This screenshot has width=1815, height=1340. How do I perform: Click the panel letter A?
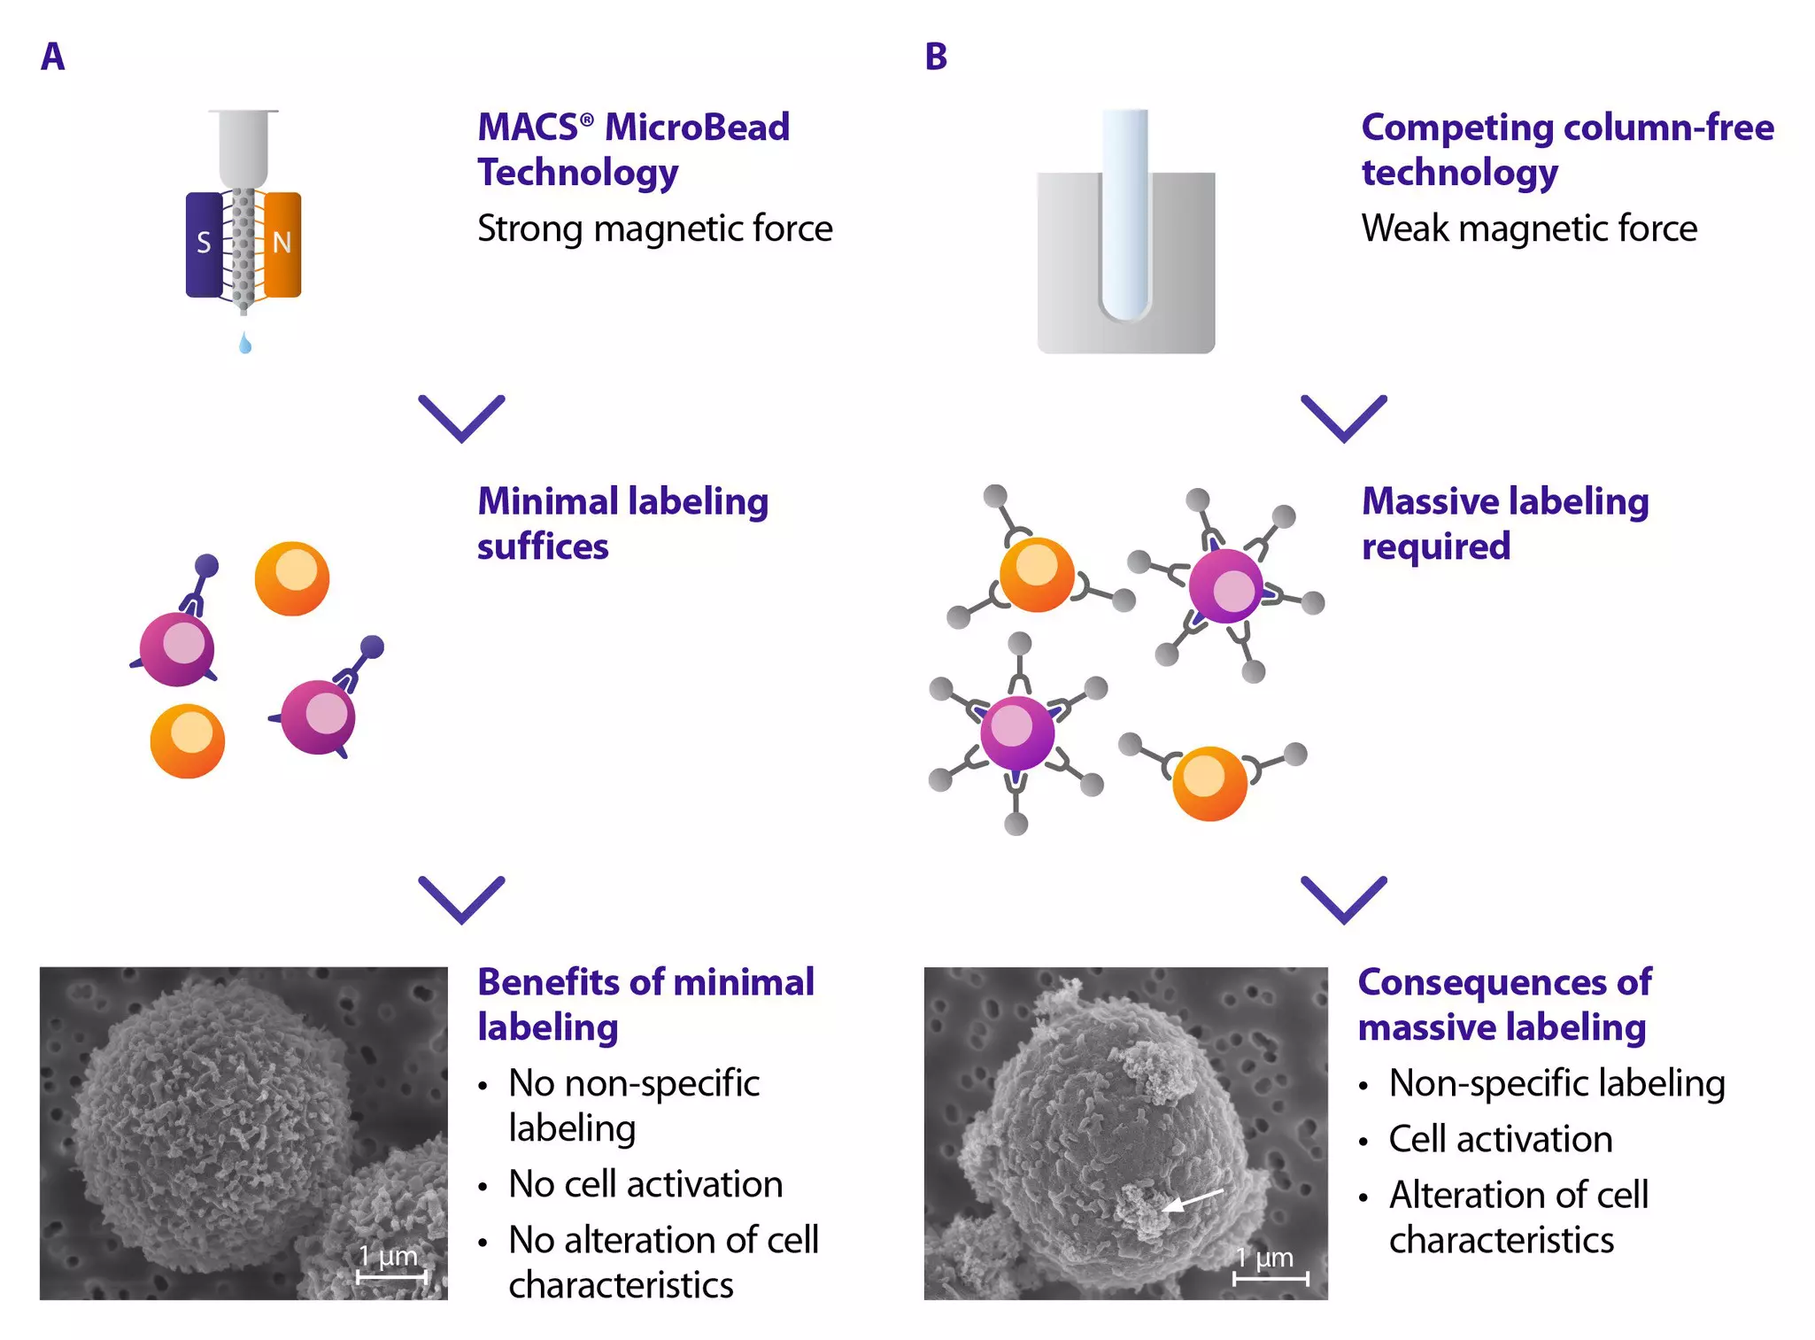click(52, 58)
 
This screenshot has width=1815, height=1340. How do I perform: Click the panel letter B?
click(936, 58)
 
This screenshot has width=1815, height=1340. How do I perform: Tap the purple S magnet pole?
click(205, 244)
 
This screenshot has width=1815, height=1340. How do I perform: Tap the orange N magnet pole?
click(282, 244)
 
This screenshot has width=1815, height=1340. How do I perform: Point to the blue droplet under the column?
click(245, 344)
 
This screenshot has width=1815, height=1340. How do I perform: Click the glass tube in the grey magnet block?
click(1125, 213)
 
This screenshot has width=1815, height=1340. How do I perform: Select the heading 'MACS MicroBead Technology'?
click(633, 150)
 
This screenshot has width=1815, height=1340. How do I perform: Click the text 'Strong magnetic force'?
click(655, 228)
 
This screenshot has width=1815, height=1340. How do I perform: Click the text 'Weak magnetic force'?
click(1529, 228)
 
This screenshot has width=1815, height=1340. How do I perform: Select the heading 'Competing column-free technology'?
click(1567, 150)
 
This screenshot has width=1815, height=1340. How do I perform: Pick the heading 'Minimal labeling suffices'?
click(622, 523)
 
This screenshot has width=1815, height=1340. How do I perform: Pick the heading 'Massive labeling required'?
click(1505, 523)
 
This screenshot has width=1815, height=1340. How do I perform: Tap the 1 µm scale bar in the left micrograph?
click(391, 1276)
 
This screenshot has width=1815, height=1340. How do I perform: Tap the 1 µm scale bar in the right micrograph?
click(1270, 1278)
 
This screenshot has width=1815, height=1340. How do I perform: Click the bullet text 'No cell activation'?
click(645, 1184)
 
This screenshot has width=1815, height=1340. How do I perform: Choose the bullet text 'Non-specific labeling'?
click(1556, 1083)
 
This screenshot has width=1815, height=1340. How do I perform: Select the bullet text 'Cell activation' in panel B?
click(1501, 1139)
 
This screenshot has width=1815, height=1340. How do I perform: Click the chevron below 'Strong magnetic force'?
click(461, 418)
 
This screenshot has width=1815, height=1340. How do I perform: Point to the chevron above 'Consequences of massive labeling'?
click(1344, 900)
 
